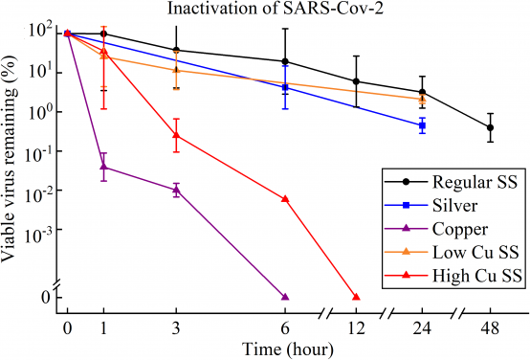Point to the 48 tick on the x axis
click(490, 328)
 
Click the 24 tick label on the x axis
click(422, 328)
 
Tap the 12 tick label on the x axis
click(356, 328)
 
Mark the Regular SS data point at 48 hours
click(490, 127)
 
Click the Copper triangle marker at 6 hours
click(285, 297)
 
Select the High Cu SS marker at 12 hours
click(356, 297)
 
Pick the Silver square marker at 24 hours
click(422, 125)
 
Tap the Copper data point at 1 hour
click(103, 167)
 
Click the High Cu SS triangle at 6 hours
click(285, 199)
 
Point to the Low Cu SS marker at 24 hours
click(422, 99)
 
